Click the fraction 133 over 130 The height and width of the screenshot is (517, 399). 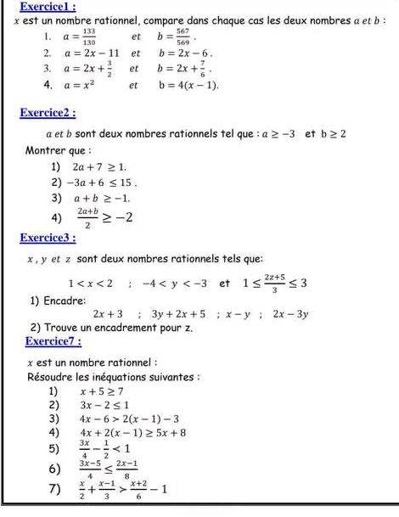pos(88,37)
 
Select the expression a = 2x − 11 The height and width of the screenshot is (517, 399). pos(83,53)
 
